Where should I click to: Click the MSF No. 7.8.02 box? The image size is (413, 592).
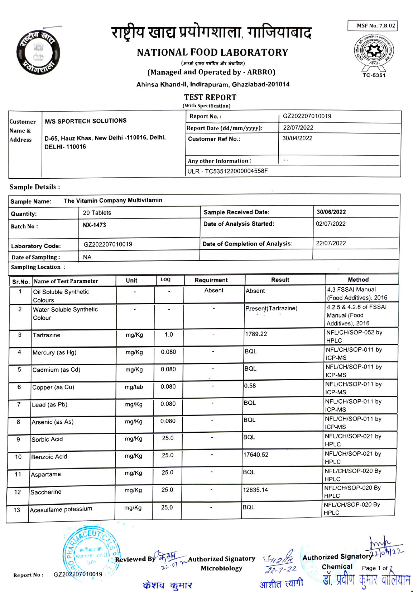[x=373, y=26]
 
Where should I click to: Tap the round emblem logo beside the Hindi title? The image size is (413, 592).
[x=38, y=53]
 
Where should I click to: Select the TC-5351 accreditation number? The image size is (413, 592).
[x=374, y=75]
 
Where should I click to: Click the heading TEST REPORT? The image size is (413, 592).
[x=210, y=97]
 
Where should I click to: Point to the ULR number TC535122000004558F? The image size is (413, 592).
[x=227, y=171]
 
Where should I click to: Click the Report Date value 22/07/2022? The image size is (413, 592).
[x=298, y=128]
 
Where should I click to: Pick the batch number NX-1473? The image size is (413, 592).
[x=94, y=225]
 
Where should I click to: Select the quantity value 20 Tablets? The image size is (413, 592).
[x=97, y=213]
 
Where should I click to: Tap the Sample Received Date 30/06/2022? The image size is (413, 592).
[x=331, y=212]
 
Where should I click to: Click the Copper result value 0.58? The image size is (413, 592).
[x=250, y=386]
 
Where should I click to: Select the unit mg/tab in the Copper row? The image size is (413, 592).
[x=134, y=387]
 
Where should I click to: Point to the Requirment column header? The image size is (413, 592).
[x=211, y=280]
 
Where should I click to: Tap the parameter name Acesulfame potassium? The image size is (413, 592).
[x=61, y=509]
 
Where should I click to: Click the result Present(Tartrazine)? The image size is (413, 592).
[x=271, y=309]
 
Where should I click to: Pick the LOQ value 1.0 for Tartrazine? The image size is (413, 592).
[x=169, y=335]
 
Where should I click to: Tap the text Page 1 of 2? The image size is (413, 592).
[x=377, y=568]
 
